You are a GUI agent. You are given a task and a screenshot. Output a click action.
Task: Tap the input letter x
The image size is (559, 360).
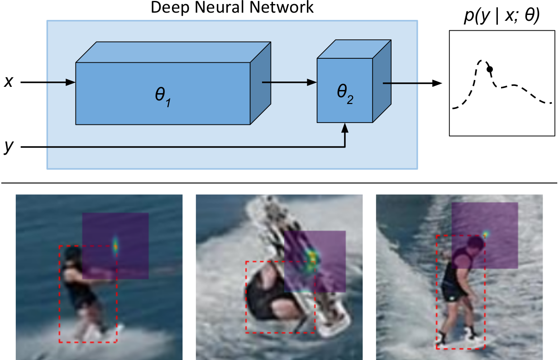point(8,82)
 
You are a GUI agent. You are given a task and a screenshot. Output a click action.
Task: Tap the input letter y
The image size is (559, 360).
point(8,147)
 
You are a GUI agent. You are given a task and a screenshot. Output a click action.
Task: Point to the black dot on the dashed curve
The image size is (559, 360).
point(489,69)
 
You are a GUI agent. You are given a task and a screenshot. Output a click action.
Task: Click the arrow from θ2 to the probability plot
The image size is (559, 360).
point(412,83)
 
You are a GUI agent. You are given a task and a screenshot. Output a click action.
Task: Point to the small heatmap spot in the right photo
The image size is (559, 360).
point(486,234)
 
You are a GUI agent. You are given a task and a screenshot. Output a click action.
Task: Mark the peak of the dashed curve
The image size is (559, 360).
point(483,61)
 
